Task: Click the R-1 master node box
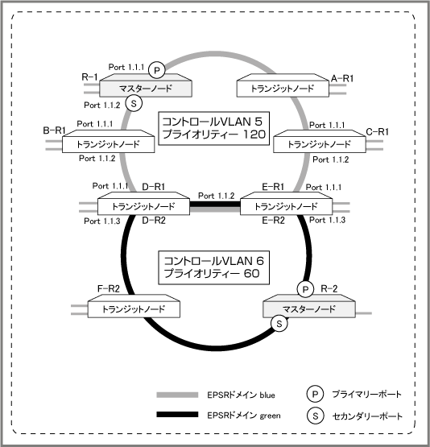(x=146, y=85)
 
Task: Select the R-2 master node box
(x=309, y=306)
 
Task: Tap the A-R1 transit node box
(x=283, y=85)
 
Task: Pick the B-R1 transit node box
(x=108, y=142)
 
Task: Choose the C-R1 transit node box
(x=320, y=142)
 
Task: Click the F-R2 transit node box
(x=134, y=306)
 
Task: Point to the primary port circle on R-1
(x=157, y=70)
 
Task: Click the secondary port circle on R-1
(x=134, y=103)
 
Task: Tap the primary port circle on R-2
(x=305, y=290)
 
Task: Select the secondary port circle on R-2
(x=279, y=324)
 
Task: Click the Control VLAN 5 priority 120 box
(x=213, y=128)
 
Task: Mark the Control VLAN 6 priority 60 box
(x=213, y=267)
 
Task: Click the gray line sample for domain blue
(x=177, y=395)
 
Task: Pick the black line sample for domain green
(x=177, y=415)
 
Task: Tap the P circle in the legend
(x=315, y=394)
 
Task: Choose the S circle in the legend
(x=315, y=416)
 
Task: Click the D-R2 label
(x=154, y=221)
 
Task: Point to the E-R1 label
(x=273, y=187)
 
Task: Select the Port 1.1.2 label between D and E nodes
(x=217, y=196)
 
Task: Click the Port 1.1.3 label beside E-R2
(x=328, y=220)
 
